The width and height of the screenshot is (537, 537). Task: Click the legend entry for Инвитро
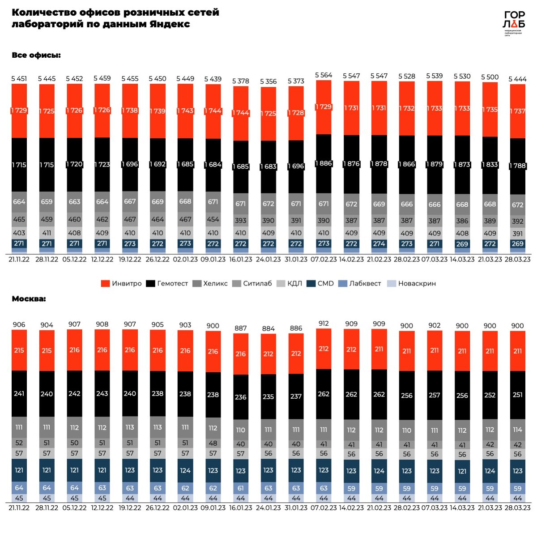click(121, 283)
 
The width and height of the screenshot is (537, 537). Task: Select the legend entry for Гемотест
click(167, 283)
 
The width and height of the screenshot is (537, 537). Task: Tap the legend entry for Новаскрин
click(411, 283)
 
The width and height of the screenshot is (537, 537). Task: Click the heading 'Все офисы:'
click(36, 55)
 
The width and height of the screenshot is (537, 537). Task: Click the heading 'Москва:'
click(29, 298)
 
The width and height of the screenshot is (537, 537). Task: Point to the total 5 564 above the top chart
click(324, 75)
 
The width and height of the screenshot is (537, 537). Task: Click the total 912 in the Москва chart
click(324, 323)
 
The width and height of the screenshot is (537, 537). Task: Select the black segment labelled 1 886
click(324, 163)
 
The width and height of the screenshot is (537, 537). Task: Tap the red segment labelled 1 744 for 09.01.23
click(213, 111)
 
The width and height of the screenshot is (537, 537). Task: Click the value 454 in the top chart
click(213, 219)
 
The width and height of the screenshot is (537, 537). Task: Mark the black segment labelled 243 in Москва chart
click(102, 393)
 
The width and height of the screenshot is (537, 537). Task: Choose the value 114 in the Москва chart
click(518, 430)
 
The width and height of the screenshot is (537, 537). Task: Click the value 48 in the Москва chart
click(213, 443)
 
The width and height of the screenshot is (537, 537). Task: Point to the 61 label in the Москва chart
click(241, 488)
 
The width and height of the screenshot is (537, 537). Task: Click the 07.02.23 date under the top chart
click(324, 260)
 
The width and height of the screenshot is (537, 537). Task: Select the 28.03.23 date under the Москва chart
click(518, 508)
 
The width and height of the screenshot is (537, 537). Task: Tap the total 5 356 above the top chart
click(268, 81)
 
